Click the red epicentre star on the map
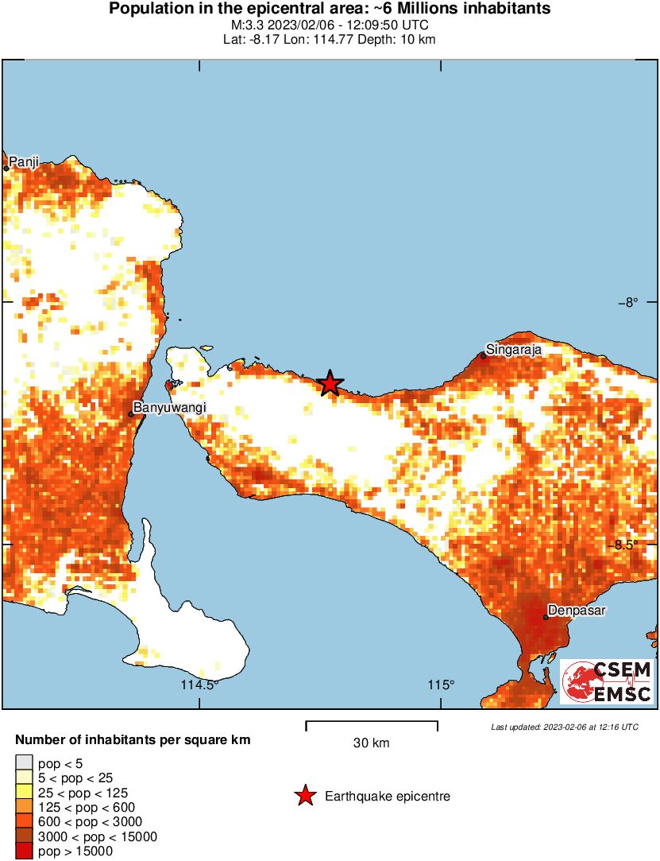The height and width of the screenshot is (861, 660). click(x=330, y=383)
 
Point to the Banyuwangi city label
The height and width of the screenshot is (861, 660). click(x=169, y=408)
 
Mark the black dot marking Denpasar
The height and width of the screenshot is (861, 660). click(x=546, y=617)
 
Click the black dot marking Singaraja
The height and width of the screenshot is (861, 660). click(x=483, y=355)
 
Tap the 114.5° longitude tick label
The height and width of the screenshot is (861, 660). click(x=200, y=686)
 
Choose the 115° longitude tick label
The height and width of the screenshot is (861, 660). click(x=442, y=686)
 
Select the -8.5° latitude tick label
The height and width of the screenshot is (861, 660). click(x=627, y=545)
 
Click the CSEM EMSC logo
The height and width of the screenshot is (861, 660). click(x=607, y=681)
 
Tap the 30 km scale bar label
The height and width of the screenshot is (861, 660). click(x=371, y=743)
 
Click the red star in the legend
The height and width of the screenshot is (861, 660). click(x=304, y=796)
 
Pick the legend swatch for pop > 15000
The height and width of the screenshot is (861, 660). click(x=24, y=851)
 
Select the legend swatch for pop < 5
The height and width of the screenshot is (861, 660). click(x=24, y=762)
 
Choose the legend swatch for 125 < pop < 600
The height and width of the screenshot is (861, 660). click(x=24, y=807)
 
